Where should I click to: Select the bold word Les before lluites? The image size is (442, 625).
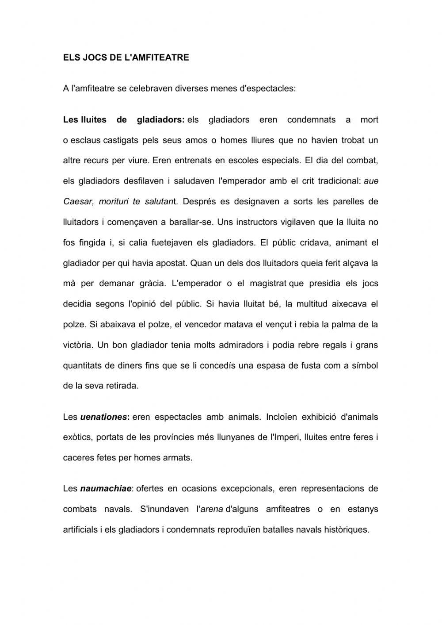coord(71,119)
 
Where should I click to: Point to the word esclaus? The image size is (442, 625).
coord(86,140)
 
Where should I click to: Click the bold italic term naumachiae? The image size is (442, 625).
coord(106,489)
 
